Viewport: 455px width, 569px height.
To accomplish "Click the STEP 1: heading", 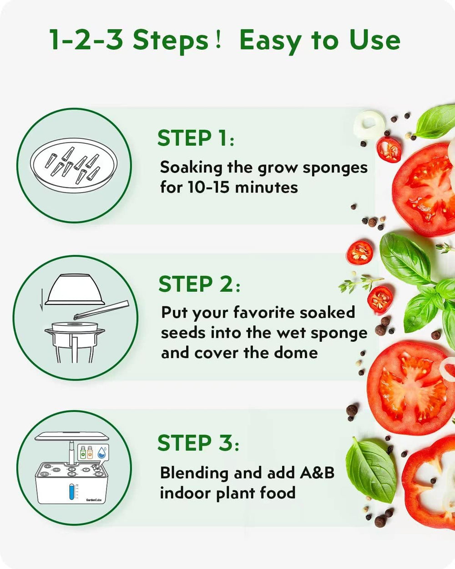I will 196,138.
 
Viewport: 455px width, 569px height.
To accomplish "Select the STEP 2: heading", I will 199,284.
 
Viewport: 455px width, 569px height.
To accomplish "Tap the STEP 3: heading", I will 198,443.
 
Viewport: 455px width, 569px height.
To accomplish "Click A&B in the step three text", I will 317,473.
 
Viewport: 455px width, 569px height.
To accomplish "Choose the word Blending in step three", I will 195,473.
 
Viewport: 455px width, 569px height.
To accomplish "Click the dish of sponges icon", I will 74,165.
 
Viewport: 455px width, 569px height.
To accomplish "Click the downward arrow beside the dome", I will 41,300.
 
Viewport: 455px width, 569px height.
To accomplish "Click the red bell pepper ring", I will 428,483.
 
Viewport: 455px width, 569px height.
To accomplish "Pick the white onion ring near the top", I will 369,124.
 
